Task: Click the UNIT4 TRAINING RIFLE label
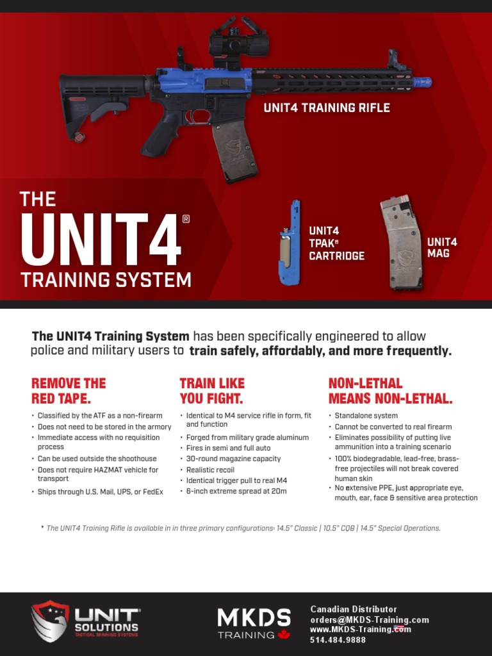pyautogui.click(x=326, y=108)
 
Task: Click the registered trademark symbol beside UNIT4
pyautogui.click(x=186, y=219)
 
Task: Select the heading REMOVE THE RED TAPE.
pyautogui.click(x=69, y=391)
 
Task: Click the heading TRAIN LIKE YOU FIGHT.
pyautogui.click(x=211, y=391)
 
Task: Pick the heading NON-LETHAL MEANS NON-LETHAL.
pyautogui.click(x=390, y=391)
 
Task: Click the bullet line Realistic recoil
pyautogui.click(x=210, y=470)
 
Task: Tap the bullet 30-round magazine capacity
pyautogui.click(x=233, y=459)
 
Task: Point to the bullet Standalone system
pyautogui.click(x=366, y=416)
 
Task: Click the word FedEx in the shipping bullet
pyautogui.click(x=151, y=492)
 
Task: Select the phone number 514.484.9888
pyautogui.click(x=338, y=640)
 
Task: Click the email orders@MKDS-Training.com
pyautogui.click(x=369, y=619)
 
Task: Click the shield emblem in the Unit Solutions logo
pyautogui.click(x=50, y=621)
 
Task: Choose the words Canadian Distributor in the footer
pyautogui.click(x=353, y=609)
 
